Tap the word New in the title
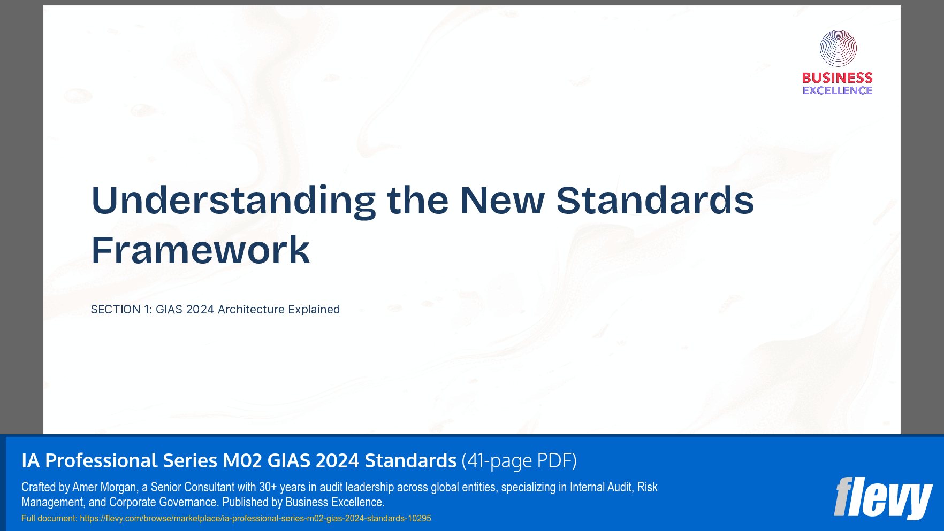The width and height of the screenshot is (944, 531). [502, 202]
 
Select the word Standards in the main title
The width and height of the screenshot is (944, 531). [655, 202]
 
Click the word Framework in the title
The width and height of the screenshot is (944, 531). [201, 250]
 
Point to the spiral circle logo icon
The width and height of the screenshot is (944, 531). [838, 48]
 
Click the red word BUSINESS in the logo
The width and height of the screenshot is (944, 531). [837, 78]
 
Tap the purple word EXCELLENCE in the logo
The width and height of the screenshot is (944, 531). [837, 91]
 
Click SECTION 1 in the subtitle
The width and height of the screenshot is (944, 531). [121, 310]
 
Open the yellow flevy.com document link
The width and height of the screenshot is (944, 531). [255, 518]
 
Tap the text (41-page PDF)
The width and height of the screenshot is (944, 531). [519, 460]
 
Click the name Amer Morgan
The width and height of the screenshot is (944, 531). [104, 487]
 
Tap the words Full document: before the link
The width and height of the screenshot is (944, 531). [49, 518]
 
